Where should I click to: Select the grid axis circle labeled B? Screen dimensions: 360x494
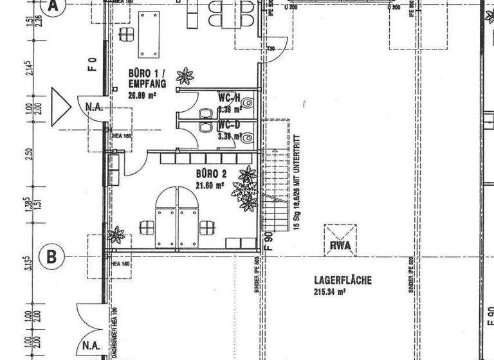53,257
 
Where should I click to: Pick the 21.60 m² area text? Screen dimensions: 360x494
210,185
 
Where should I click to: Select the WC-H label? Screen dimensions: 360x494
229,98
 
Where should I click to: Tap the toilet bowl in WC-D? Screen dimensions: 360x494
248,137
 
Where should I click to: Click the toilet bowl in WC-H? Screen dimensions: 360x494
248,102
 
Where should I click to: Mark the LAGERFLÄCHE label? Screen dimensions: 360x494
343,280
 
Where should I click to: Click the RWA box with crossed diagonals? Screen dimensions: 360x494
340,240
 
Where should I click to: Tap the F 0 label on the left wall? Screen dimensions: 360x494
93,64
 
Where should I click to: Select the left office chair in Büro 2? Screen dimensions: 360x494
147,227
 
